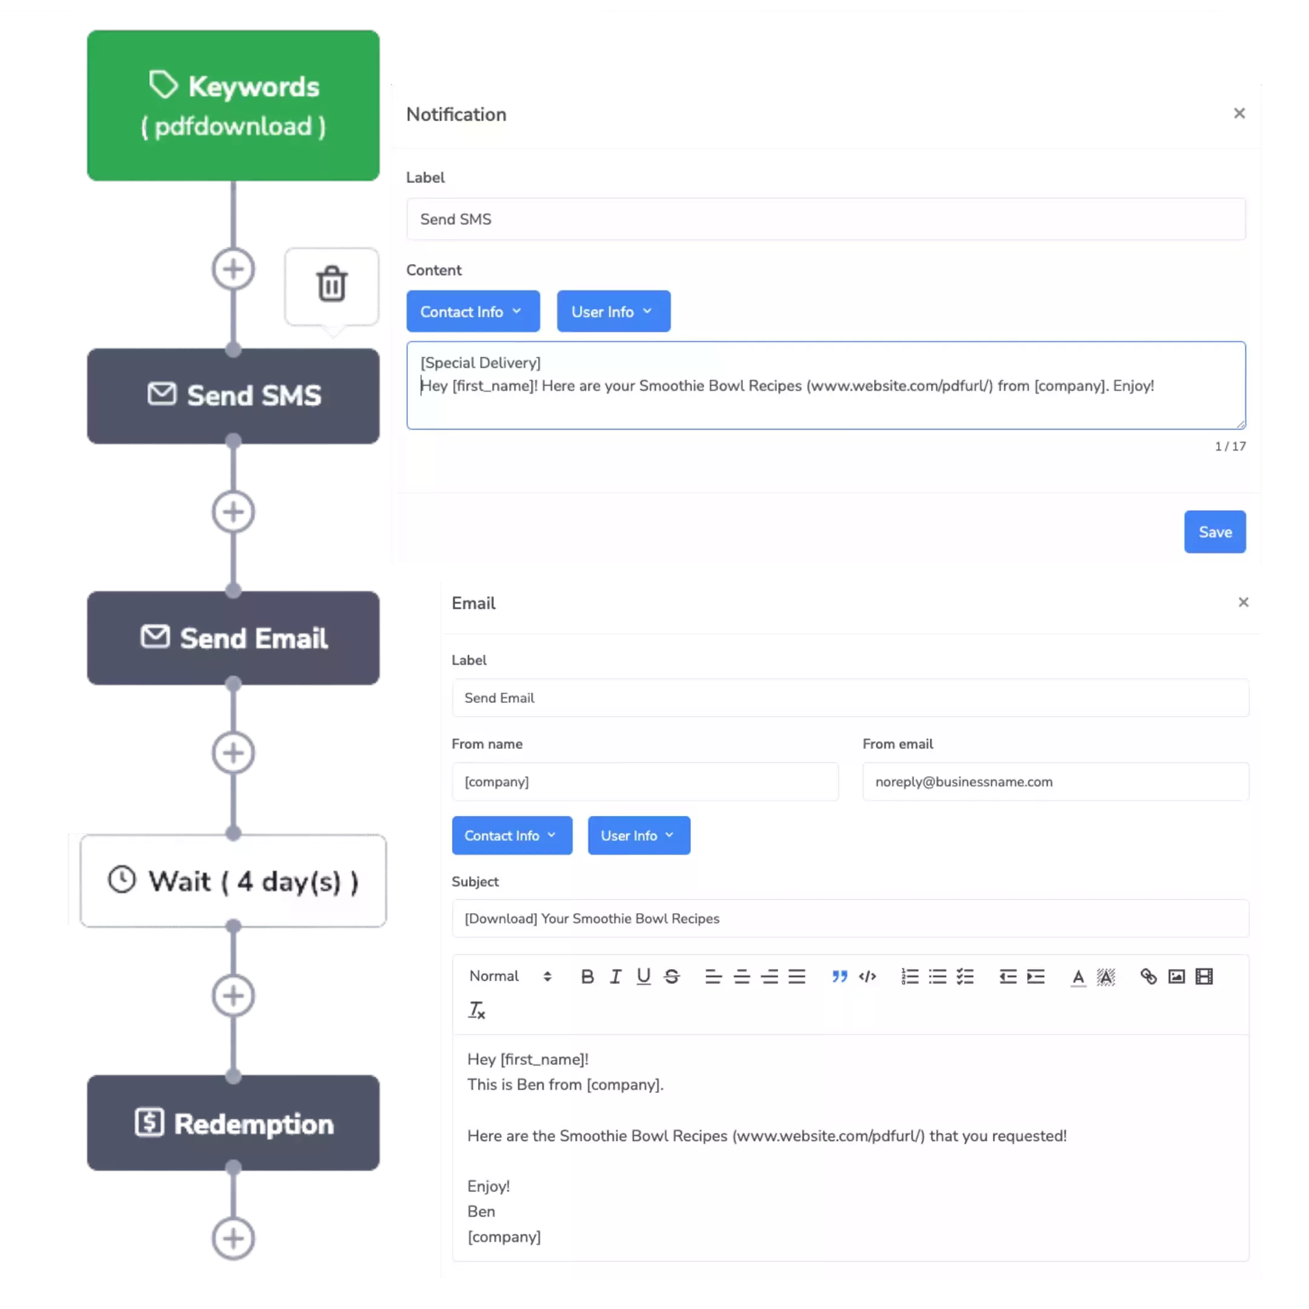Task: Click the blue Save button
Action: pos(1214,532)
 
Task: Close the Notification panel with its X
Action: pos(1239,113)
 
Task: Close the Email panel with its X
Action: pos(1242,602)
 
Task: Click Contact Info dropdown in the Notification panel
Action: pos(472,311)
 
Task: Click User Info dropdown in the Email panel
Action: pos(638,836)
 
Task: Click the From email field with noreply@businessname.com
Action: pos(1055,782)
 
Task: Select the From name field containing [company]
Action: pos(644,782)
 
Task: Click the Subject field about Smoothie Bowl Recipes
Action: pos(850,919)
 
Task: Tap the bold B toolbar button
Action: pos(587,976)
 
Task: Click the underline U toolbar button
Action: pos(643,976)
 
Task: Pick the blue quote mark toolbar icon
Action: pos(839,976)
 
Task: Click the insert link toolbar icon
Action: pos(1148,976)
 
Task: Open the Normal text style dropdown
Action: pos(510,976)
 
